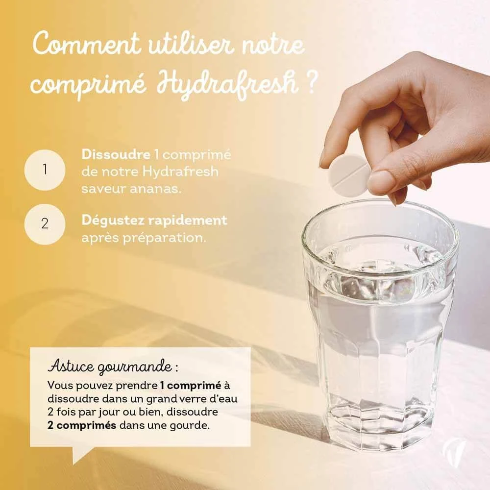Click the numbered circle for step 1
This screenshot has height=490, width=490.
(45, 170)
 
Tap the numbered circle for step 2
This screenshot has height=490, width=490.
(45, 224)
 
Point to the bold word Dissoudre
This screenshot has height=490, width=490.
(116, 155)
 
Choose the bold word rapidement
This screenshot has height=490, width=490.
(188, 220)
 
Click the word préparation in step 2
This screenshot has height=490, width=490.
(164, 238)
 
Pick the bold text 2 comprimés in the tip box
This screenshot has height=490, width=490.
(82, 426)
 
